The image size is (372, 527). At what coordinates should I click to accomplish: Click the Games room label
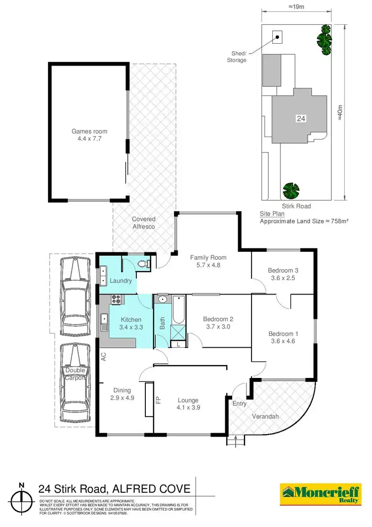tap(89, 132)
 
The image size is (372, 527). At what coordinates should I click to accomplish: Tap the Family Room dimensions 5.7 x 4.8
tap(208, 265)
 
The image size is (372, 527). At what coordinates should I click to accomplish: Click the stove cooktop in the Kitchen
tap(118, 300)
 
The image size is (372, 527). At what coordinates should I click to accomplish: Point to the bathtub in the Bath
tap(178, 309)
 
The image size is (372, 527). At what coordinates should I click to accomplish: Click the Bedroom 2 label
tap(218, 319)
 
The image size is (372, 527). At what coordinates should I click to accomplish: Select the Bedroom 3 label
tap(283, 270)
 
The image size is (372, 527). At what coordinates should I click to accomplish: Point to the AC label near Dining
tap(104, 357)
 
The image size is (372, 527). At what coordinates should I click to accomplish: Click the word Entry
tap(240, 404)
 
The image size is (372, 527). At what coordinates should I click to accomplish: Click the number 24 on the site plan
tap(301, 119)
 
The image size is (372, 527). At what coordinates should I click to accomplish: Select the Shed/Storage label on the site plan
tap(237, 57)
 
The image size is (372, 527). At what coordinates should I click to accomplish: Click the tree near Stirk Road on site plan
tap(291, 190)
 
